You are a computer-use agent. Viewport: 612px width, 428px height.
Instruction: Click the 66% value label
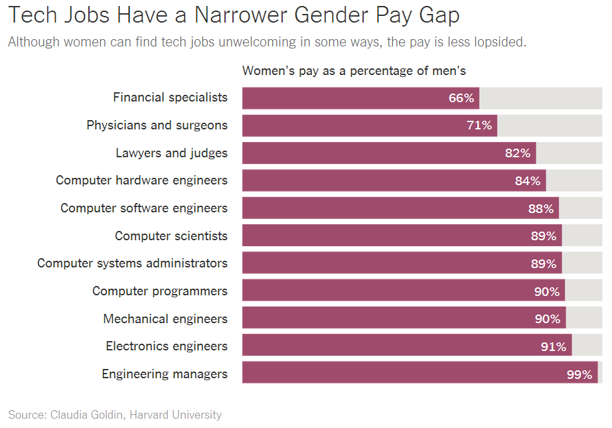point(461,98)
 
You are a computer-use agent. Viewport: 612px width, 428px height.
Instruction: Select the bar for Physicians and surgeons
point(369,125)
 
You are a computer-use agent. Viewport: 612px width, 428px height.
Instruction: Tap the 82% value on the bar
point(518,153)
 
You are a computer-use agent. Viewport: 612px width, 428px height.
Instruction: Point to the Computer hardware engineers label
point(141,180)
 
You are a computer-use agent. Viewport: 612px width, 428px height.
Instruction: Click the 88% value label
point(540,208)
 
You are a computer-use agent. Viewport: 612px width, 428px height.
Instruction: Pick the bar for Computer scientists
point(402,236)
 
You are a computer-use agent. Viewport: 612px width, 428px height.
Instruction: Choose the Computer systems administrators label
point(132,263)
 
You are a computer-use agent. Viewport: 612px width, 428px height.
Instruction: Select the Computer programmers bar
point(403,291)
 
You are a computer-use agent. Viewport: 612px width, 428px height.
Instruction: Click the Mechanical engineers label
point(165,319)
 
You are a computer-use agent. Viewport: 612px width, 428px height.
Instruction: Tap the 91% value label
point(553,346)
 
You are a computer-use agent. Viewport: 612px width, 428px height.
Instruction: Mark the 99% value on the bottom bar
point(579,374)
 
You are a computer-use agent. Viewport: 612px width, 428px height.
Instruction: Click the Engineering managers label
point(165,374)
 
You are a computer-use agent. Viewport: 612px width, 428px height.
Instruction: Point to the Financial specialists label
point(170,98)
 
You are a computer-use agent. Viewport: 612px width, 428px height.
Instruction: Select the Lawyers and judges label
point(171,153)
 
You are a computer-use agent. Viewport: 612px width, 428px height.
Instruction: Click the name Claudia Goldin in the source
point(86,415)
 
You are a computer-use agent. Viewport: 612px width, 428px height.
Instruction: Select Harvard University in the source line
point(175,415)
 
